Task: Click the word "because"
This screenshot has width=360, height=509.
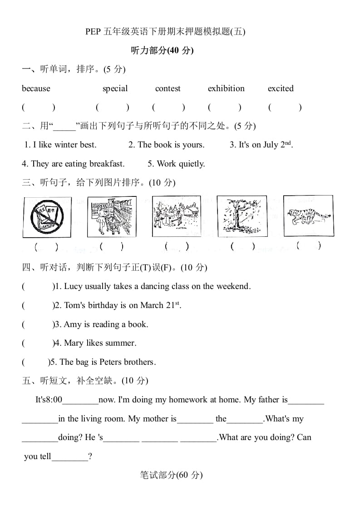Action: click(36, 88)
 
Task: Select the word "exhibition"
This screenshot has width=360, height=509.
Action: click(226, 88)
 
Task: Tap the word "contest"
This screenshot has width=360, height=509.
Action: click(168, 88)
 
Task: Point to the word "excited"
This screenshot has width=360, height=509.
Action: click(281, 88)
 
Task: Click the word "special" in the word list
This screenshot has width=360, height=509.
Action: click(115, 88)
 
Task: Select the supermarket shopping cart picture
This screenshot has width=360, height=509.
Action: click(112, 216)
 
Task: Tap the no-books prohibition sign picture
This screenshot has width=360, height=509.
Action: click(47, 216)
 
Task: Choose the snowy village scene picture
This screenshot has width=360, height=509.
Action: click(176, 216)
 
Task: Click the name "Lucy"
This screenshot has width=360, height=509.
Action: click(74, 286)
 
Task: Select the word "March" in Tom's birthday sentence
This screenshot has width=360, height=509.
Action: click(152, 305)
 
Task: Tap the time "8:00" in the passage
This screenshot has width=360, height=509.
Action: click(54, 400)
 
